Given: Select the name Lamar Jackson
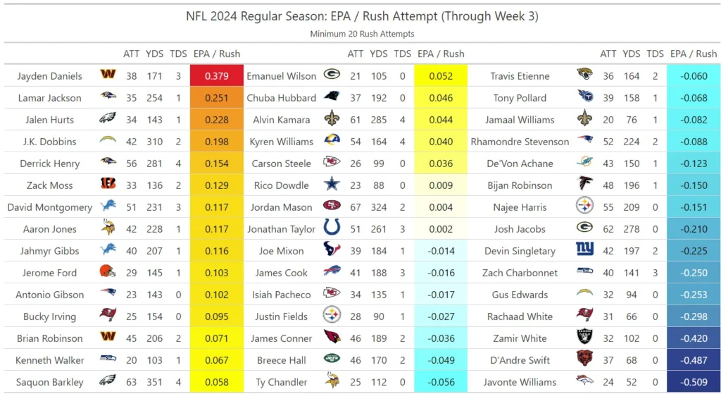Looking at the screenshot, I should tap(49, 98).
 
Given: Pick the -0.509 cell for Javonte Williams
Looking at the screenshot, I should tap(693, 383).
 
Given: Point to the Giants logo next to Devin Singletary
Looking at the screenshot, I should tap(584, 251).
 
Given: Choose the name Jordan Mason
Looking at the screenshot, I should tap(281, 207).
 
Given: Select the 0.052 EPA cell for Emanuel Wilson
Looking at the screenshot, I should tap(441, 76).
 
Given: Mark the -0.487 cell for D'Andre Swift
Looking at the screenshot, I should tap(693, 361).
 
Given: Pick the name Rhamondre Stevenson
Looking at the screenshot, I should tap(520, 142).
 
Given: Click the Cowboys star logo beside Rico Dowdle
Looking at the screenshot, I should tap(332, 185).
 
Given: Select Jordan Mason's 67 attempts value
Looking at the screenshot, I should tap(356, 207).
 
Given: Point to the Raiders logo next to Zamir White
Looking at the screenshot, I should tap(584, 338).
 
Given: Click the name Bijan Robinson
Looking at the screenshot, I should tap(520, 185).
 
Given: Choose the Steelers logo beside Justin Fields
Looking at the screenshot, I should tap(332, 316).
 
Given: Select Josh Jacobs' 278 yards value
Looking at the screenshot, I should tap(632, 229).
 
